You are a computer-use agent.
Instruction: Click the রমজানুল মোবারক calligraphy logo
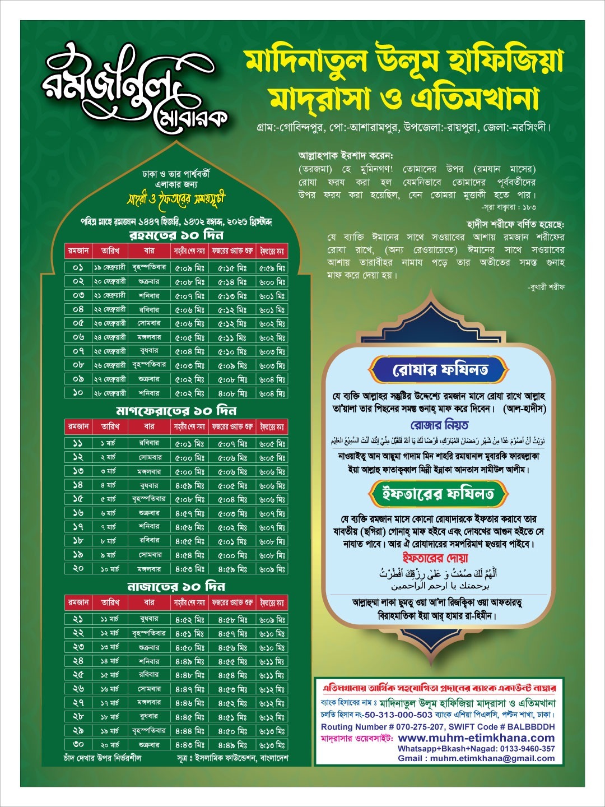coord(134,87)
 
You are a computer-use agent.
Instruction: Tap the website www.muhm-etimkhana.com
coord(476,738)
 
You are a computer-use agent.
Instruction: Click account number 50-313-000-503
coord(398,715)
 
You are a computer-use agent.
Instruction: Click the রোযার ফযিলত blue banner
coord(440,370)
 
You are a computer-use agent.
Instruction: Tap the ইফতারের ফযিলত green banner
coord(438,494)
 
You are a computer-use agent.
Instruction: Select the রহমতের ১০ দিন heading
coord(176,235)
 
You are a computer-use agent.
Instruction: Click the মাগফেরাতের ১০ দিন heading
coord(176,411)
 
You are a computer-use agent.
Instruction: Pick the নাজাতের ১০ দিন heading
coord(176,587)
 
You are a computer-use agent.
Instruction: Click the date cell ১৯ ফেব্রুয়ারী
coord(109,268)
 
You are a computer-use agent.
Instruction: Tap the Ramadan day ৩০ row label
coord(78,744)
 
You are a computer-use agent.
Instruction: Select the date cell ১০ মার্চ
coord(109,569)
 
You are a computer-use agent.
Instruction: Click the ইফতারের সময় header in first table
coord(272,251)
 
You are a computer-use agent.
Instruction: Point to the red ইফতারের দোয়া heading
coord(435,558)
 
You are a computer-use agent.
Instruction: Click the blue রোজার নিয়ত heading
coord(439,425)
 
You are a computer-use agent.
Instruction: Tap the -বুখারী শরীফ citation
coord(546,287)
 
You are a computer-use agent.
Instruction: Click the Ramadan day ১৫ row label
coord(78,499)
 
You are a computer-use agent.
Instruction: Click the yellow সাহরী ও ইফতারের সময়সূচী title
coord(176,200)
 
